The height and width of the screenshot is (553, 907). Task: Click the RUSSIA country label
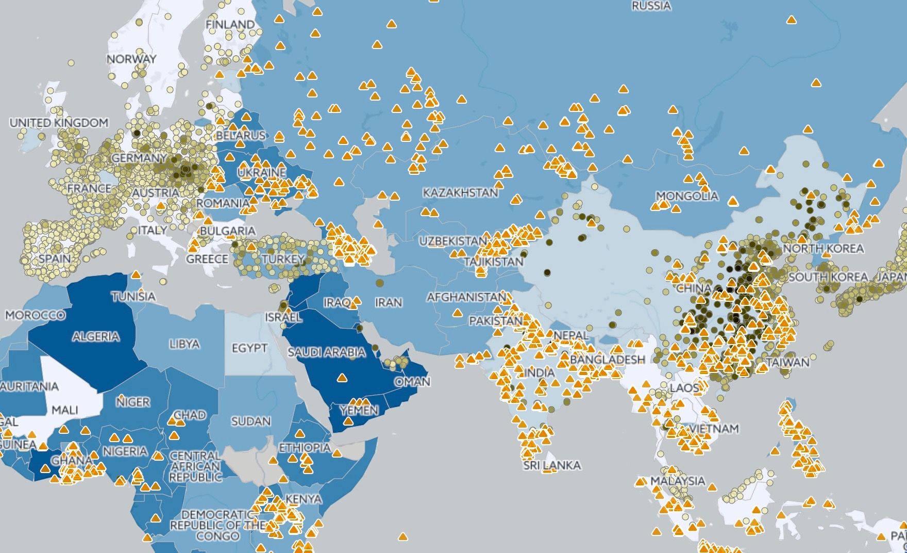pos(651,6)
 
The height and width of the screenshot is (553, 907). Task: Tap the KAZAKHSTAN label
pos(460,193)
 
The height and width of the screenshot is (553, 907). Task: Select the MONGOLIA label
pos(687,196)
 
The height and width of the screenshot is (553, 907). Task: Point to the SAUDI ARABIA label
pos(326,352)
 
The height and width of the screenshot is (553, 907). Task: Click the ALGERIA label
pos(96,337)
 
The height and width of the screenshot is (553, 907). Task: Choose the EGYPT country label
pos(249,348)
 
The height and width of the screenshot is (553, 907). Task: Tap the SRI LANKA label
pos(552,465)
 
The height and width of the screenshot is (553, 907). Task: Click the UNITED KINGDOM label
pos(59,123)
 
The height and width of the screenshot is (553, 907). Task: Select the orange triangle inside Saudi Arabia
pos(342,378)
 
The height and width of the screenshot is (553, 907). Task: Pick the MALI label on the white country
pos(65,410)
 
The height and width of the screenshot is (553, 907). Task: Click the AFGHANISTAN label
pos(466,297)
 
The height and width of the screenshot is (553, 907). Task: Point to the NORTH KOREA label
pos(823,249)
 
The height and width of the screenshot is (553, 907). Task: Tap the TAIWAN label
pos(788,362)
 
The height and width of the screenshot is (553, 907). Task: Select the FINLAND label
pos(230,24)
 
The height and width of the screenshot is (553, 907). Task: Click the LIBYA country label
pos(184,344)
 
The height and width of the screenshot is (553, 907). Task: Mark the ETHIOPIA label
pos(305,448)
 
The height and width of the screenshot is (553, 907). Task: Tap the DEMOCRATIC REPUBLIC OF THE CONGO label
pos(217,525)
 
